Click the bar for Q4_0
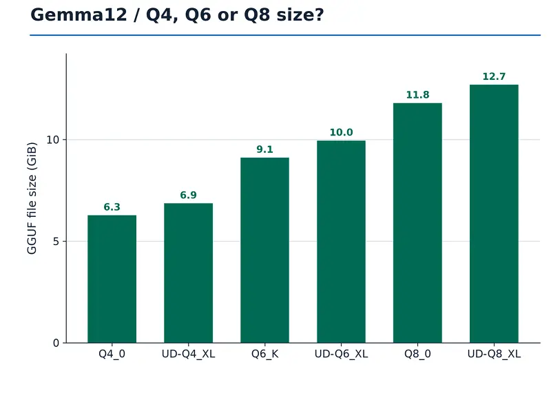pyautogui.click(x=112, y=279)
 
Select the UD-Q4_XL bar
pyautogui.click(x=188, y=273)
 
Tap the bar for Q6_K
pyautogui.click(x=264, y=250)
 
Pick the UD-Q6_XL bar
pyautogui.click(x=341, y=242)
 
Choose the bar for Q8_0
pyautogui.click(x=417, y=223)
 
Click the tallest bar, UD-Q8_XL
pyautogui.click(x=494, y=213)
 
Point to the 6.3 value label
pyautogui.click(x=112, y=207)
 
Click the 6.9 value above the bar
pyautogui.click(x=188, y=195)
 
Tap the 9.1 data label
pyautogui.click(x=264, y=149)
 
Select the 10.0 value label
pyautogui.click(x=341, y=132)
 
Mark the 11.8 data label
pyautogui.click(x=417, y=95)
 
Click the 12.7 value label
pyautogui.click(x=494, y=76)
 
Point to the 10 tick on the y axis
pyautogui.click(x=53, y=140)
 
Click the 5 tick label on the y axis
pyautogui.click(x=56, y=242)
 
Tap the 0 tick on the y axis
pyautogui.click(x=56, y=343)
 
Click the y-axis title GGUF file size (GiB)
pyautogui.click(x=32, y=198)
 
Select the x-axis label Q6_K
pyautogui.click(x=264, y=354)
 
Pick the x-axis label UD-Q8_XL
pyautogui.click(x=494, y=354)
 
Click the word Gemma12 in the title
pyautogui.click(x=79, y=15)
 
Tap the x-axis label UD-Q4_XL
pyautogui.click(x=188, y=354)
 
